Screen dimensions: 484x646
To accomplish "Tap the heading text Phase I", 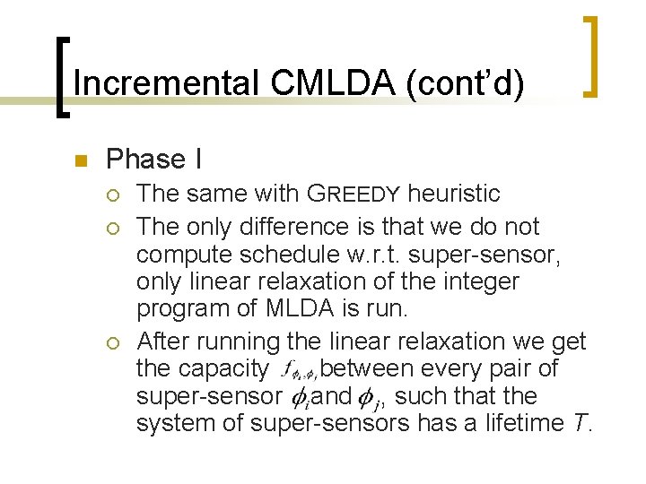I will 153,160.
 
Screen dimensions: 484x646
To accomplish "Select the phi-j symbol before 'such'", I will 369,395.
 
